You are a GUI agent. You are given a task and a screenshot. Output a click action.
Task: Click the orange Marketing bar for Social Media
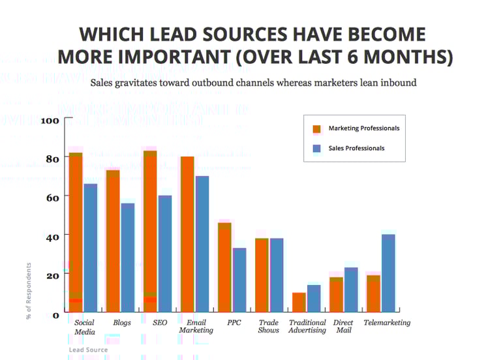point(76,232)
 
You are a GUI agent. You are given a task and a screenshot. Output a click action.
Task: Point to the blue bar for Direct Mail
point(351,290)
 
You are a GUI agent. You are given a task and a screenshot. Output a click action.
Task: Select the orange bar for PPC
point(224,267)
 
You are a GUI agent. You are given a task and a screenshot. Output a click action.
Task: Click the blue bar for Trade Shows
point(276,275)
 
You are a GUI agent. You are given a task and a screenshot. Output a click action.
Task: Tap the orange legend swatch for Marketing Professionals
point(317,128)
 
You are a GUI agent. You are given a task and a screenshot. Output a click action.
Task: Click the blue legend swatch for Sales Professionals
point(317,148)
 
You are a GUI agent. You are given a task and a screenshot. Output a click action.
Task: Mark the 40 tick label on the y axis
point(52,236)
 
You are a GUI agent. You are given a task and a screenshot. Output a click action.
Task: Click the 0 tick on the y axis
point(55,315)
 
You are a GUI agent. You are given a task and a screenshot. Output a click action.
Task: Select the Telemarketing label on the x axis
point(387,323)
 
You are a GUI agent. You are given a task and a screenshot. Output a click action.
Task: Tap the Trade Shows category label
point(269,326)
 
